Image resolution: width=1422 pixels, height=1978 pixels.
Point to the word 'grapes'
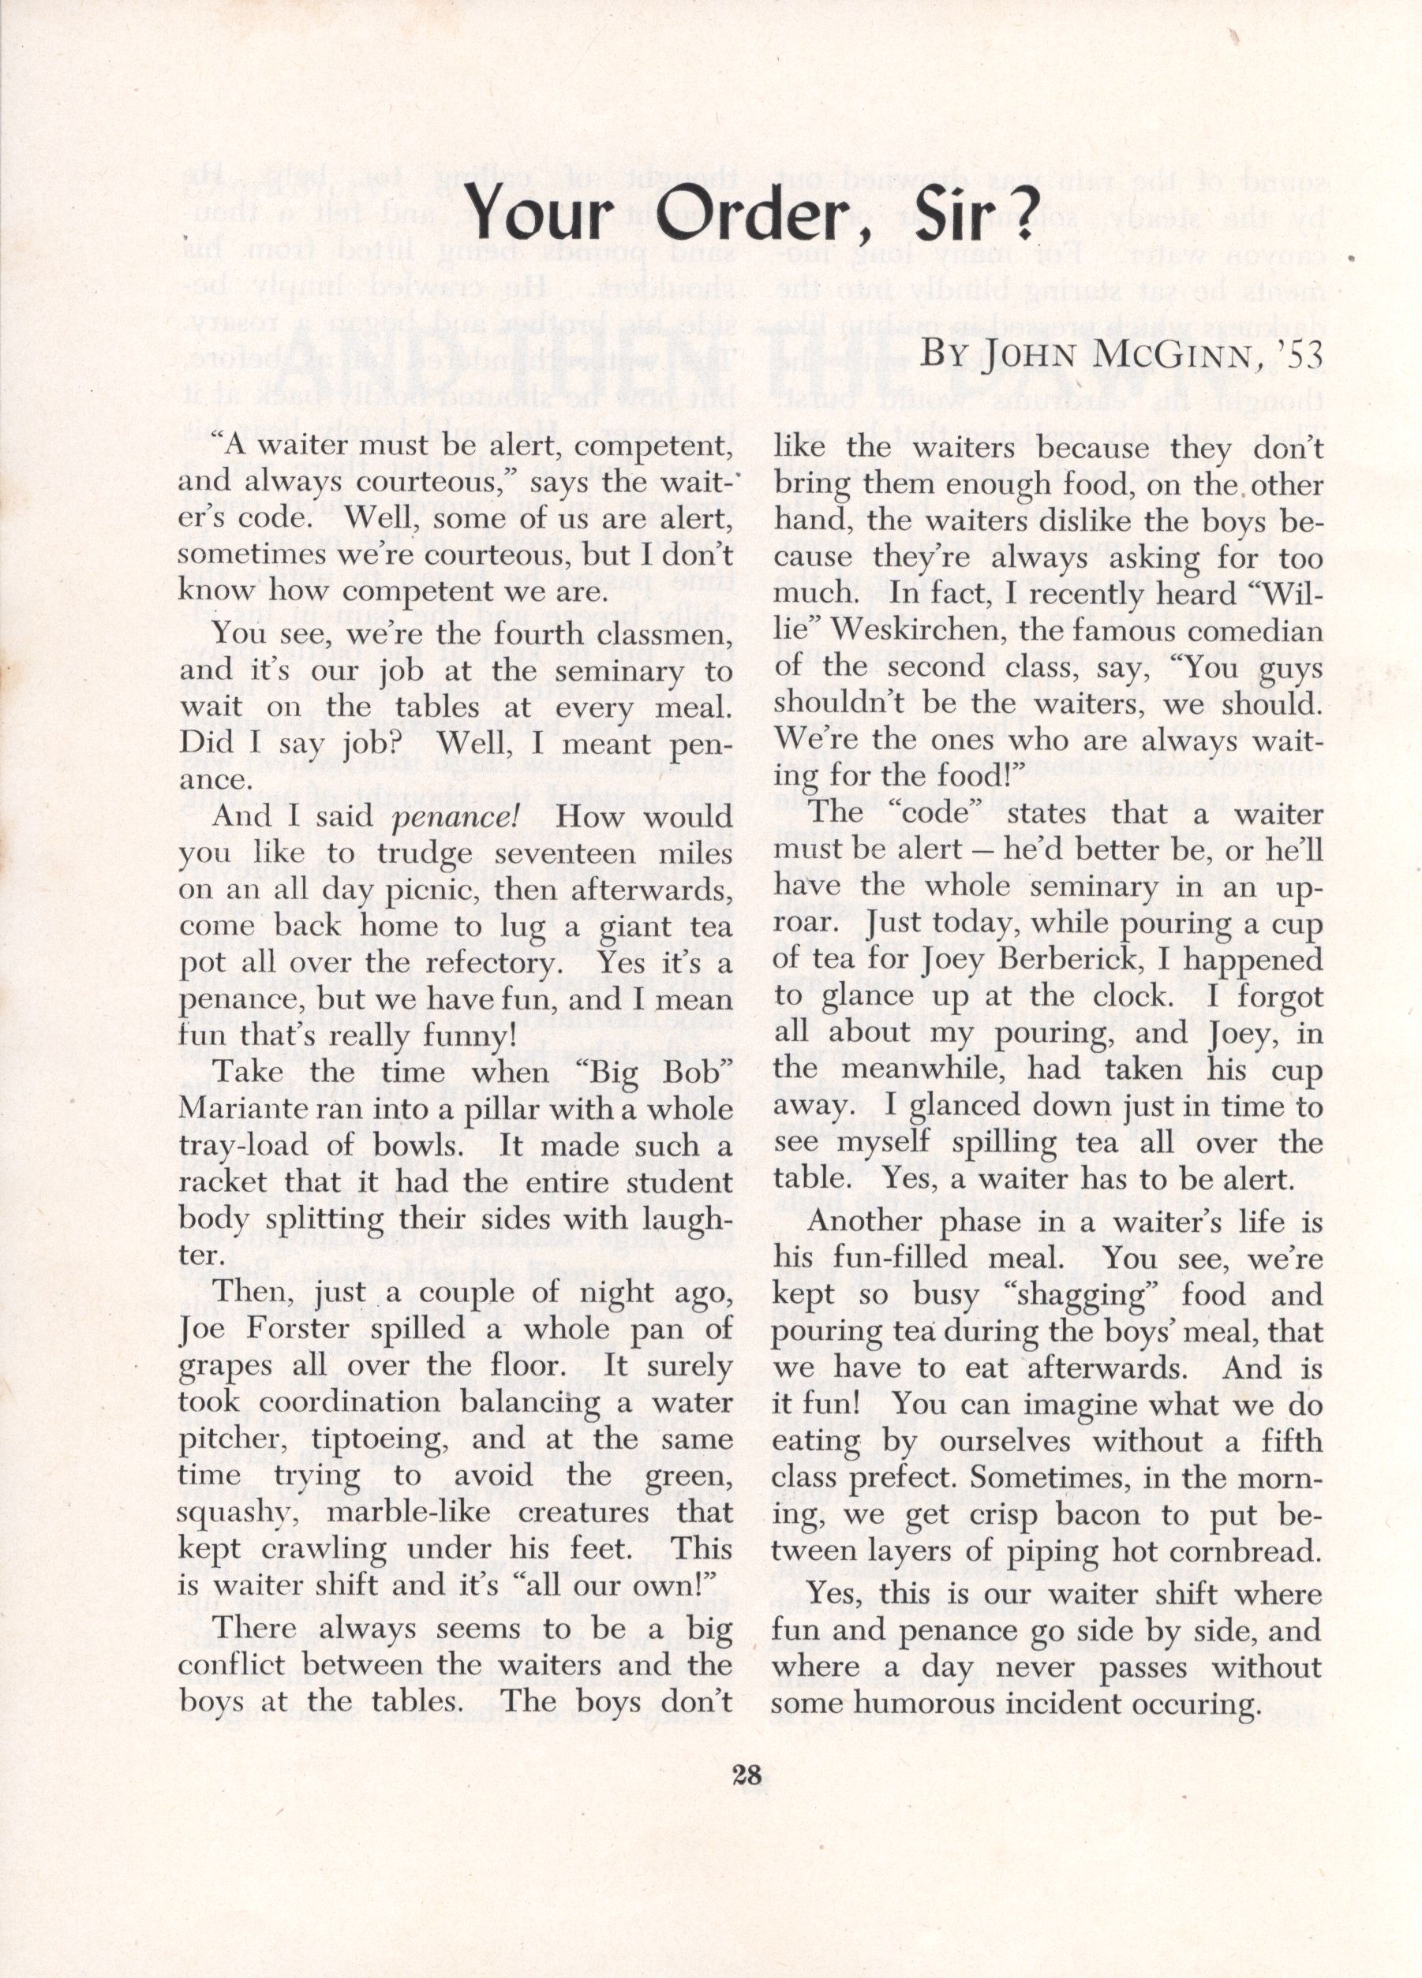221,1367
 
